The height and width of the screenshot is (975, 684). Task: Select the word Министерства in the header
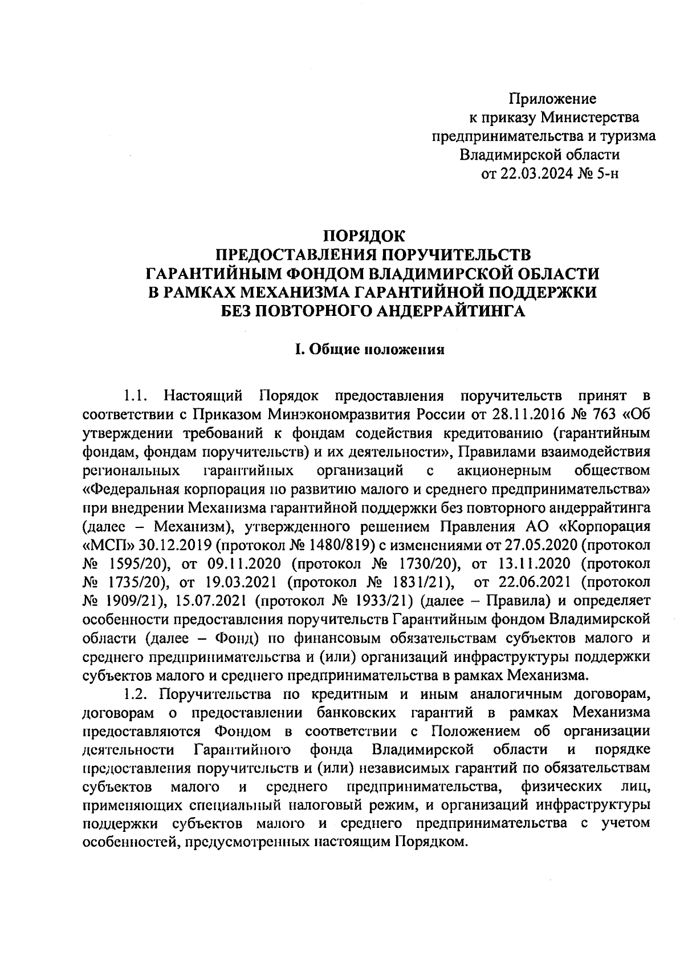click(x=591, y=117)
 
